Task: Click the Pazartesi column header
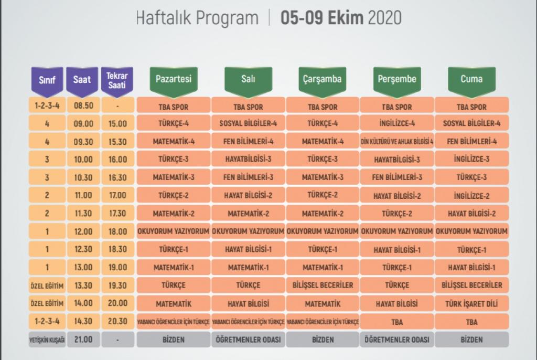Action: tap(174, 79)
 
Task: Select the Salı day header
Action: tap(248, 79)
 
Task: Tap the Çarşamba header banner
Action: tap(322, 79)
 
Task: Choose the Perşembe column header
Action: tap(397, 79)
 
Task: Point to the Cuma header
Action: tap(471, 79)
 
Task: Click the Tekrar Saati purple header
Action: tap(117, 80)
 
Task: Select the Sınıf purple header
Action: tap(47, 80)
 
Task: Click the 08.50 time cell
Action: tap(83, 106)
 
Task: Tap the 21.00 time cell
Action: tap(83, 340)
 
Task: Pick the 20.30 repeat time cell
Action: tap(117, 321)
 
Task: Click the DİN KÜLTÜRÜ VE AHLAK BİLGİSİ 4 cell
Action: tap(397, 142)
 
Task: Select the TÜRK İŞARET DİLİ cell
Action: tap(471, 303)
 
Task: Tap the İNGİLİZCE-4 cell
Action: tap(397, 124)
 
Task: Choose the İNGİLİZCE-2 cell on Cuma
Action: tap(471, 196)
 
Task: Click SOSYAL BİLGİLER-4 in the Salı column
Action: tap(248, 124)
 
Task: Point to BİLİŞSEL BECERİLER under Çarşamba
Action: tap(322, 285)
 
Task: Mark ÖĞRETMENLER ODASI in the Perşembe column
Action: tap(397, 340)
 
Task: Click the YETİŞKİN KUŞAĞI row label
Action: tap(47, 340)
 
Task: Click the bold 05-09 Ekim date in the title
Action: tap(322, 18)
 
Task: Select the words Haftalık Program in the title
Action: tap(197, 18)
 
